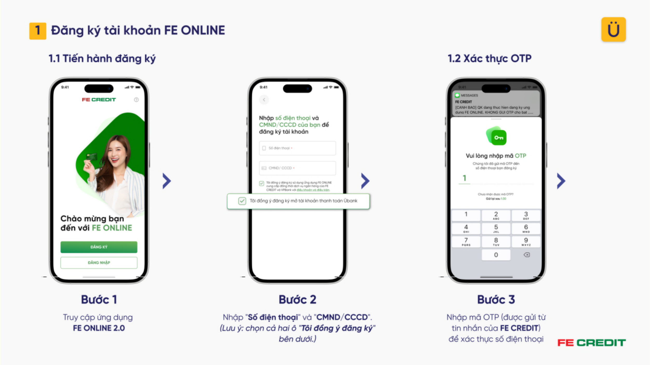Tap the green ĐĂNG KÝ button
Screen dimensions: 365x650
(x=99, y=247)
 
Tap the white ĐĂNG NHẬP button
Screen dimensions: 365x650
(x=99, y=262)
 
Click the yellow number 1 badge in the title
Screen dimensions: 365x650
(x=38, y=31)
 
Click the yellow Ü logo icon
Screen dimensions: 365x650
(x=613, y=30)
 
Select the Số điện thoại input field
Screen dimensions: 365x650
(x=297, y=148)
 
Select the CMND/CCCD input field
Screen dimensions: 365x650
(x=297, y=168)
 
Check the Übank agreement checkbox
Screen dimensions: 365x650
(x=242, y=201)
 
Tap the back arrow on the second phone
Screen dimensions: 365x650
(x=264, y=100)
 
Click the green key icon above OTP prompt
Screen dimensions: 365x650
(x=496, y=136)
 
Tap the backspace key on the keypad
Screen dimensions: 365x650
(x=526, y=255)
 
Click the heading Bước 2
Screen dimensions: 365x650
(x=297, y=300)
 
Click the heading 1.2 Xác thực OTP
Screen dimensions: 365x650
(x=489, y=59)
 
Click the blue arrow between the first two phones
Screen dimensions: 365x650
(x=167, y=181)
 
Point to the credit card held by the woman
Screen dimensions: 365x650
(x=92, y=157)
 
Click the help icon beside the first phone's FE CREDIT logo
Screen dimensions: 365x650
(x=136, y=100)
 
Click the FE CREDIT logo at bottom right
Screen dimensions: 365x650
(x=591, y=343)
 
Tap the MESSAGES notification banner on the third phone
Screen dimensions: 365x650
(x=496, y=104)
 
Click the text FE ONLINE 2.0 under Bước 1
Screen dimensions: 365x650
(x=99, y=328)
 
